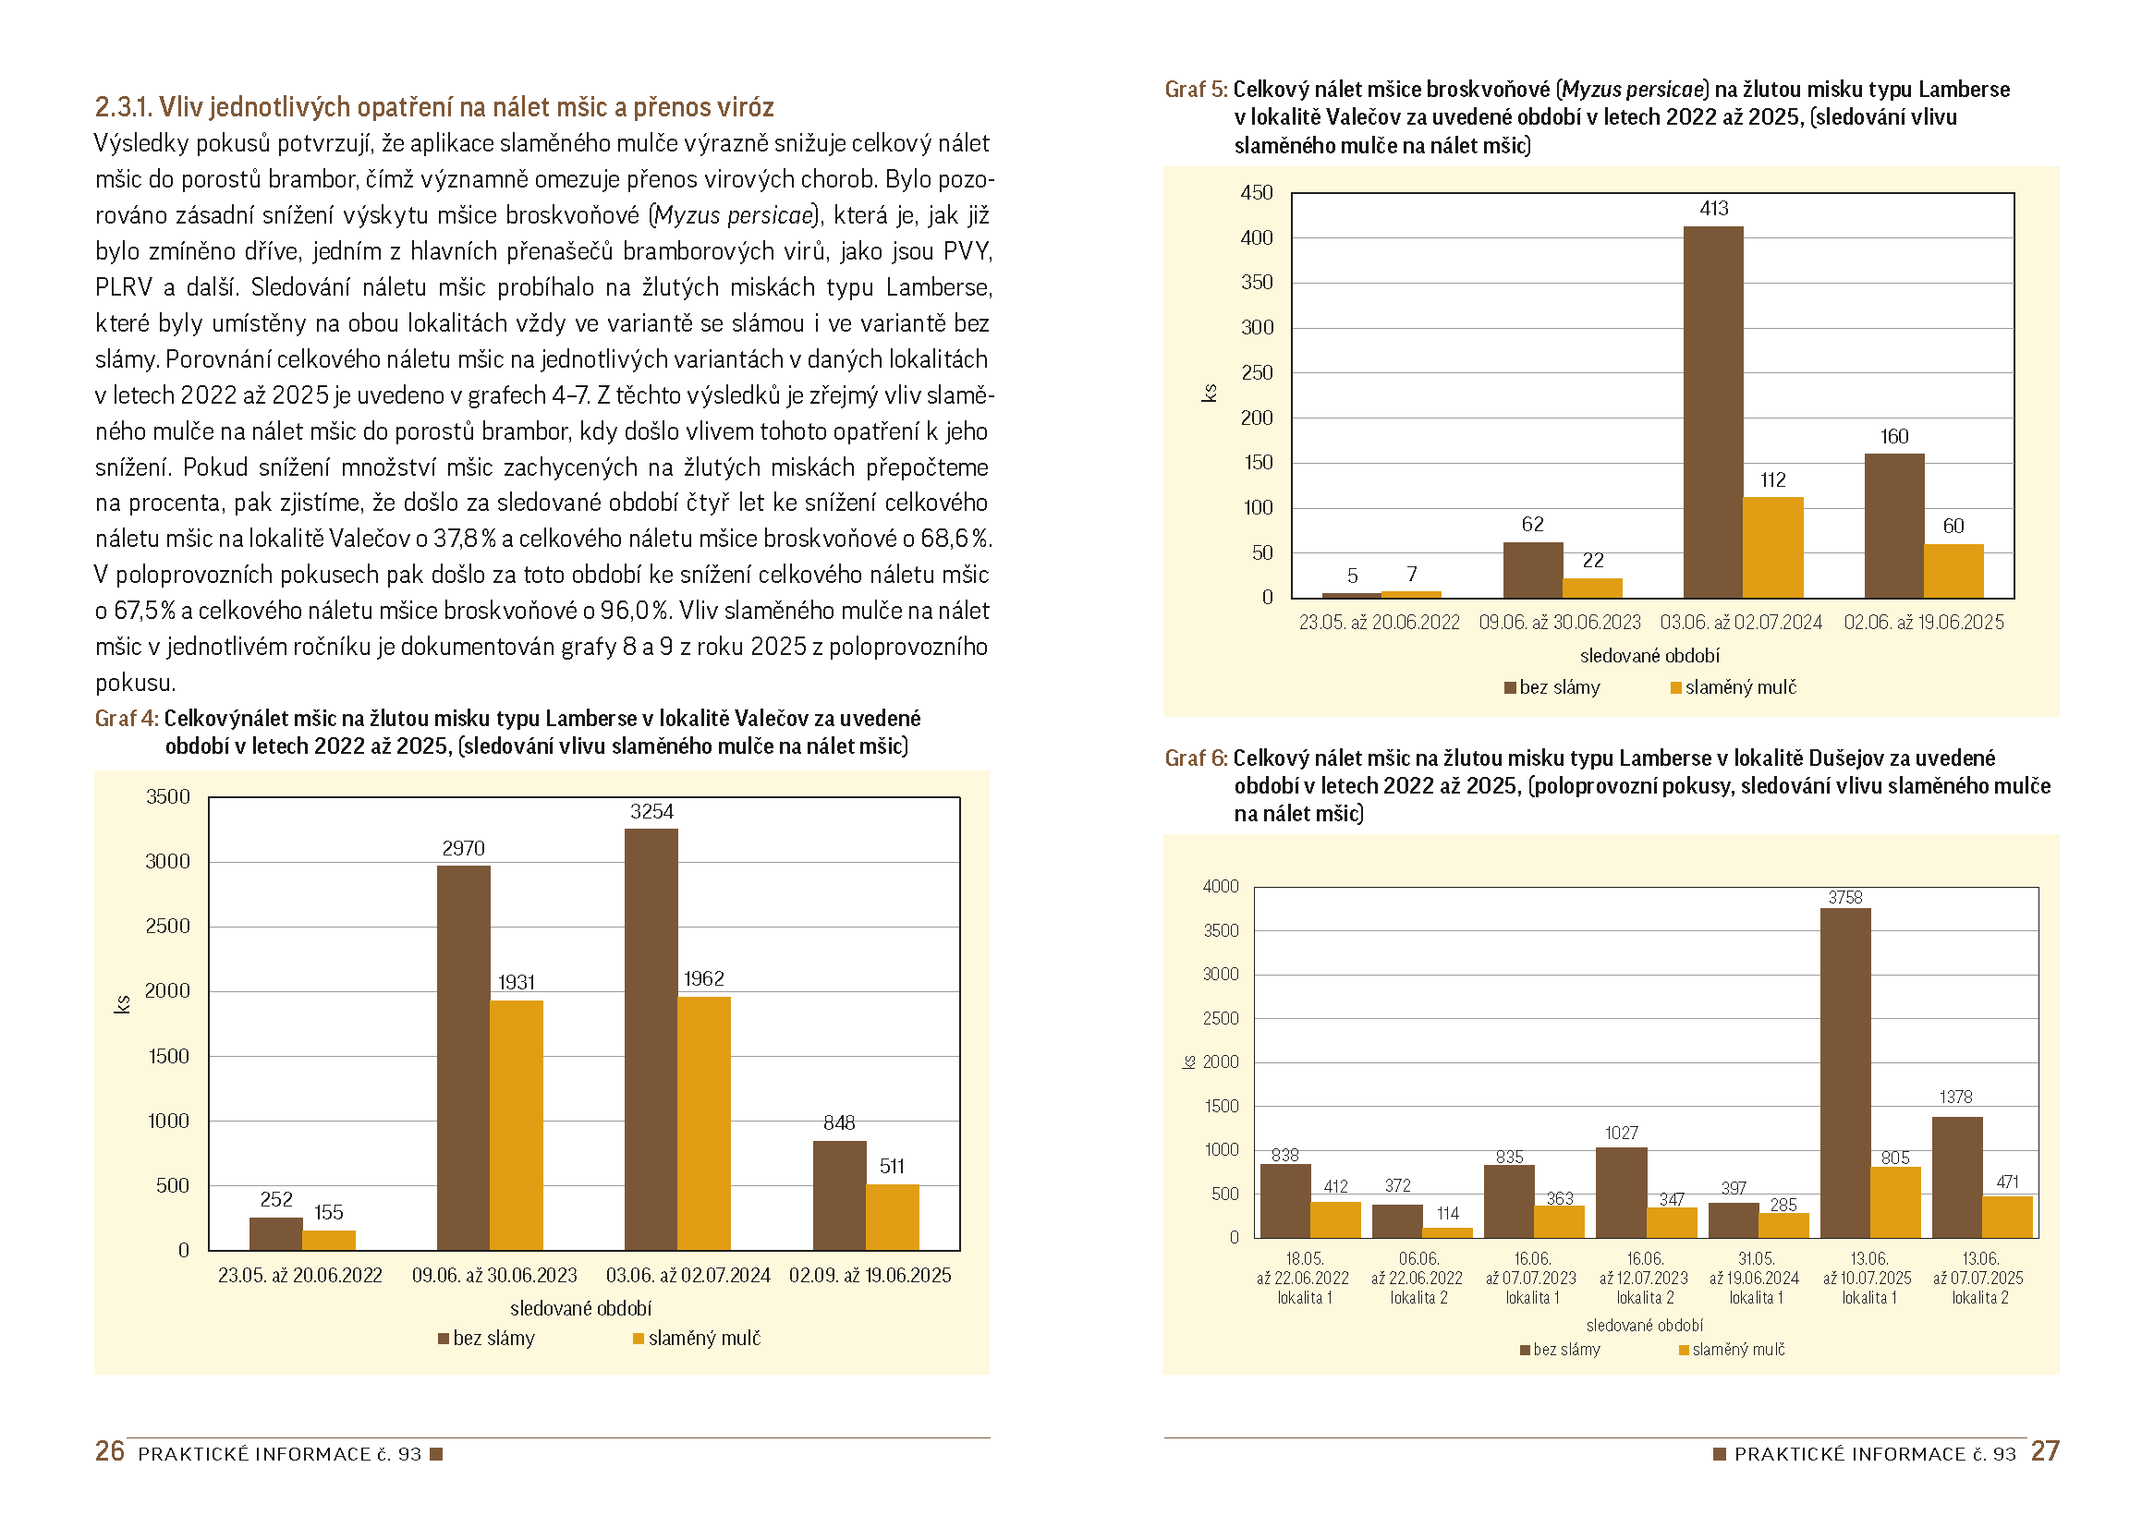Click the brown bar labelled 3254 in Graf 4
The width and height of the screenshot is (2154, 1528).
[651, 1038]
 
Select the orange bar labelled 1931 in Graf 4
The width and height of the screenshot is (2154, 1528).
[516, 1124]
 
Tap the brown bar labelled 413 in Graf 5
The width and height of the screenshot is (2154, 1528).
[1712, 412]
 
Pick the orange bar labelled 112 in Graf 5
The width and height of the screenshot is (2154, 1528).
[1773, 547]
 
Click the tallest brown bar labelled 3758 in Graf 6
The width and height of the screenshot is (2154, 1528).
[1844, 1073]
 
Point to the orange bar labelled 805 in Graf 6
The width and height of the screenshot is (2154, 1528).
[1894, 1202]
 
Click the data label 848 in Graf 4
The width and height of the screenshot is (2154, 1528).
[838, 1122]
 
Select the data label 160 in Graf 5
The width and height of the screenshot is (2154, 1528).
[1893, 437]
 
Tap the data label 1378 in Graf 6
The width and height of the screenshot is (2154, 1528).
[1955, 1097]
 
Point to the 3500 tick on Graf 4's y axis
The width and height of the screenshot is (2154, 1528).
[167, 797]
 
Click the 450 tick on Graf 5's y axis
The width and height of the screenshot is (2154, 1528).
[1256, 193]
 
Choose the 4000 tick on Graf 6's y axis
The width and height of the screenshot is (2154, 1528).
[1221, 886]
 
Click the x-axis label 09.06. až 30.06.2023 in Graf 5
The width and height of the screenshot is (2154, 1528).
[1559, 622]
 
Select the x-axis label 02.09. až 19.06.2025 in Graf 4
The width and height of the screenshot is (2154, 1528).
[870, 1275]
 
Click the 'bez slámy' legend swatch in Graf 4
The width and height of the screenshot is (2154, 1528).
[444, 1339]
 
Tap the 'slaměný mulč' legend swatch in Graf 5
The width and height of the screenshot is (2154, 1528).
[1676, 688]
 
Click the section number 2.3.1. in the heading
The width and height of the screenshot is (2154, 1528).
[123, 107]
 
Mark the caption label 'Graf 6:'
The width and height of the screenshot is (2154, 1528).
[1195, 758]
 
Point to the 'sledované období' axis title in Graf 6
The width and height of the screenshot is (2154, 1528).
[1644, 1326]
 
